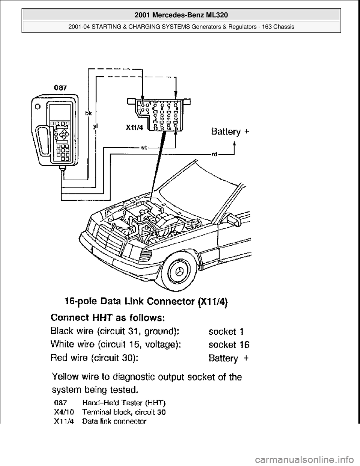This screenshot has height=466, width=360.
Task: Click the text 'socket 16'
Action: pos(229,344)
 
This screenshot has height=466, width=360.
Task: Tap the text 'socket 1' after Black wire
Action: pos(226,332)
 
